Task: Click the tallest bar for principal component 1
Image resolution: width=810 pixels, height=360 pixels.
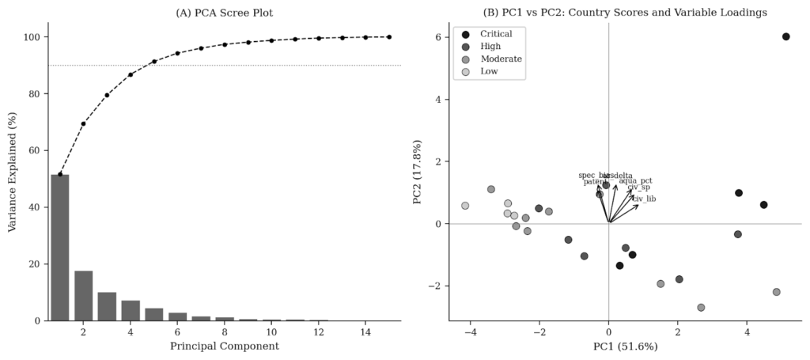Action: tap(60, 247)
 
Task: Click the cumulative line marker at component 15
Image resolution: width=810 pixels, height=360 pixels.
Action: tap(388, 36)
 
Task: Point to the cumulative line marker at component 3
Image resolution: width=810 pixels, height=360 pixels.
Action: tap(107, 95)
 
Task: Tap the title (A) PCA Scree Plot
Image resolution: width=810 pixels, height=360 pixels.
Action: tap(224, 12)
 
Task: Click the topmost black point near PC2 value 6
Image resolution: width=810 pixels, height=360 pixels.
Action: tap(785, 36)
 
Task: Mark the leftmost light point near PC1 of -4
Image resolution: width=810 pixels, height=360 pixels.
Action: tap(465, 206)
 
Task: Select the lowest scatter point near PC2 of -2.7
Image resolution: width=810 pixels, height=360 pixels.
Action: tap(701, 307)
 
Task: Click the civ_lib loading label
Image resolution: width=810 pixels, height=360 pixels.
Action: tap(644, 199)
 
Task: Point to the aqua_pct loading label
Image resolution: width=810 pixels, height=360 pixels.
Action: tap(636, 181)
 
